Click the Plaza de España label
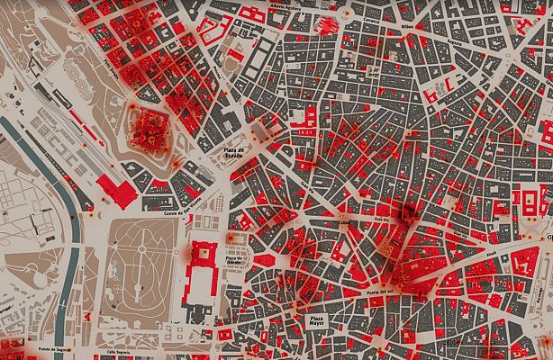[x=234, y=153]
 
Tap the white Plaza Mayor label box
[x=317, y=323]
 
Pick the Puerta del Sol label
[x=376, y=292]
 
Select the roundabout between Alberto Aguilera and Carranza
[x=346, y=16]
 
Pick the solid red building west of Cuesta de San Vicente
[x=115, y=188]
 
